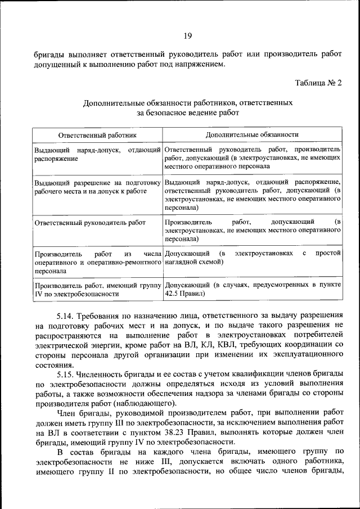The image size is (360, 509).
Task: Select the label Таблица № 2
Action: coord(318,83)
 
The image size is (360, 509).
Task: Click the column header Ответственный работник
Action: coord(97,135)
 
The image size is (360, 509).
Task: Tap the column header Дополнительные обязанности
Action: coord(252,135)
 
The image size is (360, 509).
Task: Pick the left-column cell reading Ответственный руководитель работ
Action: coord(90,222)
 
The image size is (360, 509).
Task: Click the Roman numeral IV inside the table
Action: coord(39,293)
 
